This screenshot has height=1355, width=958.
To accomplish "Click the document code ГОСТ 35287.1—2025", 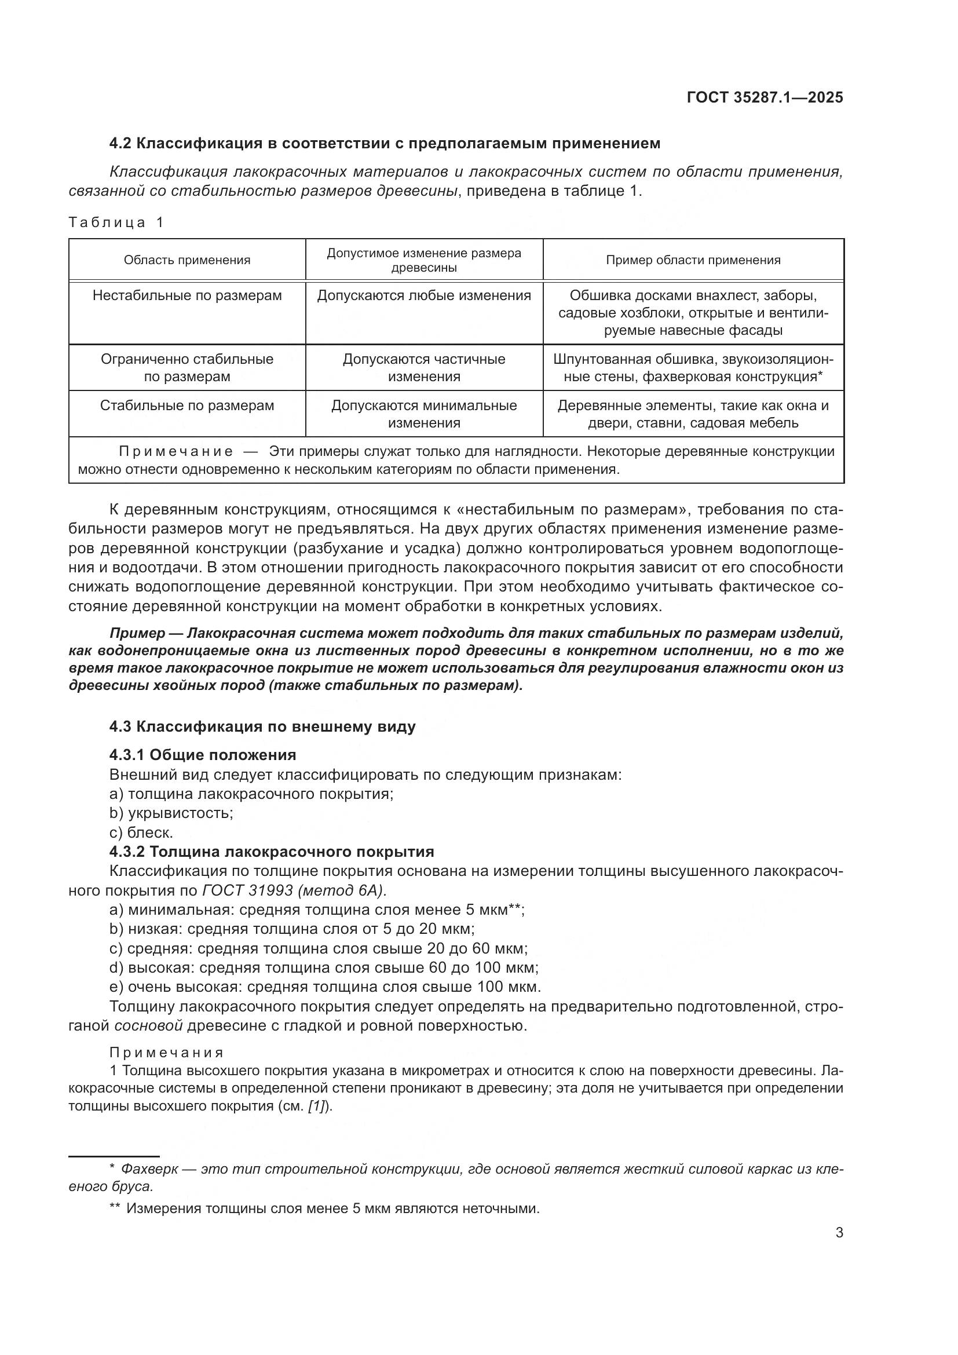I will coord(765,97).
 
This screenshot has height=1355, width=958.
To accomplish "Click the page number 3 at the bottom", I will coord(839,1233).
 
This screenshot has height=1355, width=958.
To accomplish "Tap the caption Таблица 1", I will coord(116,222).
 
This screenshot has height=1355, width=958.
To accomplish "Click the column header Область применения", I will coord(187,260).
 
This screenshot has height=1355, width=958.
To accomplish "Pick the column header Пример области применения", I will coord(693,260).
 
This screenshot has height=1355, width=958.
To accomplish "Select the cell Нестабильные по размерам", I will coord(187,295).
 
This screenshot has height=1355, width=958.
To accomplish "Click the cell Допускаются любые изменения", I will coord(424,295).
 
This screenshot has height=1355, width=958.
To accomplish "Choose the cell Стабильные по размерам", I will coord(187,406).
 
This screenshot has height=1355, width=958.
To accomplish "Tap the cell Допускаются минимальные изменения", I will coord(424,414).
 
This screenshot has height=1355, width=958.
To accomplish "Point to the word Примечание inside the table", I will coord(176,452).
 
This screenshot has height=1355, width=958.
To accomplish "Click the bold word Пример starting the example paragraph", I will coord(137,633).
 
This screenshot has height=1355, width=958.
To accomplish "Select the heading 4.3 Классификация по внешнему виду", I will coord(262,726).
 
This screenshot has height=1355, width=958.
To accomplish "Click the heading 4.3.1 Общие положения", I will coord(202,755).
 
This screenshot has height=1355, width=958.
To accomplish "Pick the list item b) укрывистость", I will coord(171,813).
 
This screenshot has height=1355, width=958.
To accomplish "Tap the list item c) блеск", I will coord(141,832).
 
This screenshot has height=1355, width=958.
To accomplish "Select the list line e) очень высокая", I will coord(324,987).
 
